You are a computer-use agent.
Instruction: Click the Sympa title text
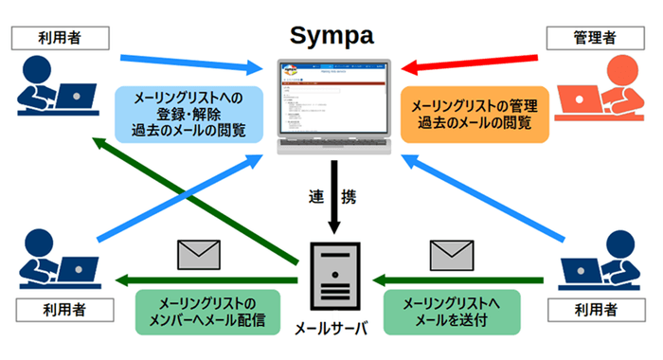(x=331, y=35)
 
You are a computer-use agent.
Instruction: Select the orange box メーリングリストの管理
(x=475, y=113)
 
